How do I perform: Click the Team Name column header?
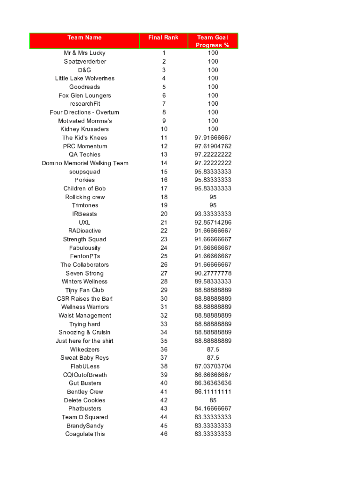pos(85,37)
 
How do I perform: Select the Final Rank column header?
pos(163,37)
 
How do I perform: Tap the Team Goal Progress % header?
pos(213,41)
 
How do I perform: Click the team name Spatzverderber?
pos(85,61)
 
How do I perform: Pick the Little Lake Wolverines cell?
pos(85,78)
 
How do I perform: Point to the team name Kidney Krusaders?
pos(85,129)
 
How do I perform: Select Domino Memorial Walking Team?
pos(85,163)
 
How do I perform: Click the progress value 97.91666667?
pos(213,138)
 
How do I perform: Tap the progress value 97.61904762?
pos(213,146)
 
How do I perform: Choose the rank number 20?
pos(164,214)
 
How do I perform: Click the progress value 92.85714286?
pos(213,223)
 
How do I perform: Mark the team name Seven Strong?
pos(85,273)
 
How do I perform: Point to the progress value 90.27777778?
pos(213,273)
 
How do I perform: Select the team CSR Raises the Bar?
pos(85,298)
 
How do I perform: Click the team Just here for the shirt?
pos(85,341)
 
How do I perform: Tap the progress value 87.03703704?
pos(213,366)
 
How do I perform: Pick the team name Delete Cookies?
pos(85,400)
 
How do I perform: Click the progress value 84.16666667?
pos(213,409)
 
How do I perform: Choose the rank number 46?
pos(164,434)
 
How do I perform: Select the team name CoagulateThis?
pos(85,434)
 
